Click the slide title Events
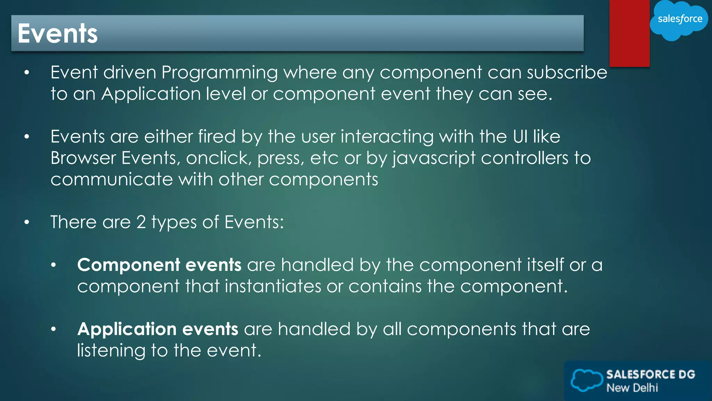(x=58, y=33)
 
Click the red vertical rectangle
(x=629, y=33)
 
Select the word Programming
(x=219, y=73)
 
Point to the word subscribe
(x=567, y=72)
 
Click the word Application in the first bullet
(x=151, y=94)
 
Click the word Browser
(x=83, y=158)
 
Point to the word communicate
(x=112, y=180)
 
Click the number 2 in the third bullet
(x=141, y=222)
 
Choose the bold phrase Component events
(x=159, y=265)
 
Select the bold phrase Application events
(x=158, y=329)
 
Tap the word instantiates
(x=273, y=286)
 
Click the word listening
(x=111, y=351)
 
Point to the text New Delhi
(x=632, y=388)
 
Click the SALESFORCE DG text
(x=650, y=374)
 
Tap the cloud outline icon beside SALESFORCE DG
(x=587, y=380)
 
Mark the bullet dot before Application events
(x=53, y=329)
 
